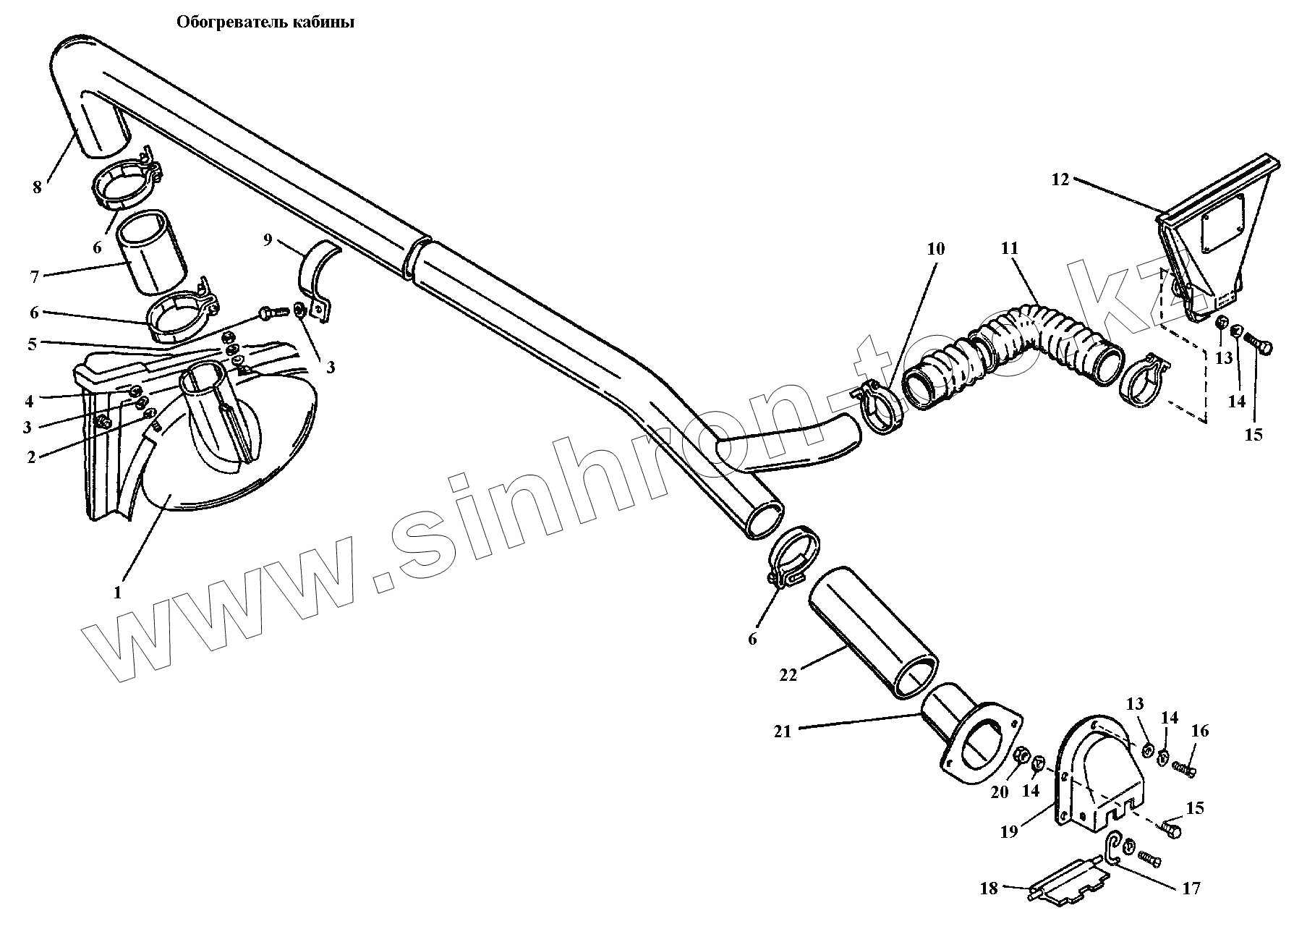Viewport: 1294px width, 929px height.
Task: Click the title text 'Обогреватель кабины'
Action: pyautogui.click(x=265, y=22)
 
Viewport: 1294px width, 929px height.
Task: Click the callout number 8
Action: pyautogui.click(x=37, y=187)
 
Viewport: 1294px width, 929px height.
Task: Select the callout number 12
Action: pyautogui.click(x=1060, y=179)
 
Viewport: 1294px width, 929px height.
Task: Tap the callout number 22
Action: pyautogui.click(x=788, y=674)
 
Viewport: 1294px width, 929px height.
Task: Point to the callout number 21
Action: pyautogui.click(x=783, y=731)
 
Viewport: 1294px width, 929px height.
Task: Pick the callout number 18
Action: pyautogui.click(x=989, y=888)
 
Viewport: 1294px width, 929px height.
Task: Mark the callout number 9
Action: pyautogui.click(x=268, y=239)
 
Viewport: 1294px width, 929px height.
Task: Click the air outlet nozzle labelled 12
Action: pyautogui.click(x=1208, y=232)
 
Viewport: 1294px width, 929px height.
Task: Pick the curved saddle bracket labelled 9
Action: pyautogui.click(x=318, y=275)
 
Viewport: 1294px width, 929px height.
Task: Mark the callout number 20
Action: pyautogui.click(x=999, y=792)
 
